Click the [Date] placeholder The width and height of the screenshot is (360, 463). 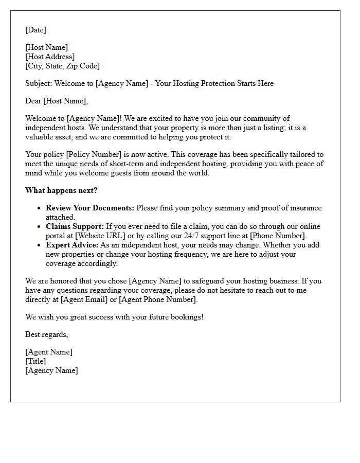pos(35,30)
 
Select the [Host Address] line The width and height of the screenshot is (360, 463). pos(50,57)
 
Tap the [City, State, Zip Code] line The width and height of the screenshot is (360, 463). pos(62,66)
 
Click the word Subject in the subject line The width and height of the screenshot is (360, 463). pos(38,83)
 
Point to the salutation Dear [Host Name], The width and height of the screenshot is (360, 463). pos(57,101)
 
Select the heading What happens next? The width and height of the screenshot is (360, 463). pos(61,190)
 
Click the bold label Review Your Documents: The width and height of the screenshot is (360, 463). pos(90,208)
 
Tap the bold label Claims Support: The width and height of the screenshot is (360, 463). pos(75,226)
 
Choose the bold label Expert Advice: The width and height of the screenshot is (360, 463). pos(72,245)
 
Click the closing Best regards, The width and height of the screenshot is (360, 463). pos(46,334)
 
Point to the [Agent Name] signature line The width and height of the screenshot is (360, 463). pos(49,352)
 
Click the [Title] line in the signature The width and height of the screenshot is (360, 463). pos(35,361)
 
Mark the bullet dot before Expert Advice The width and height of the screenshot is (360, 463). pos(39,245)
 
